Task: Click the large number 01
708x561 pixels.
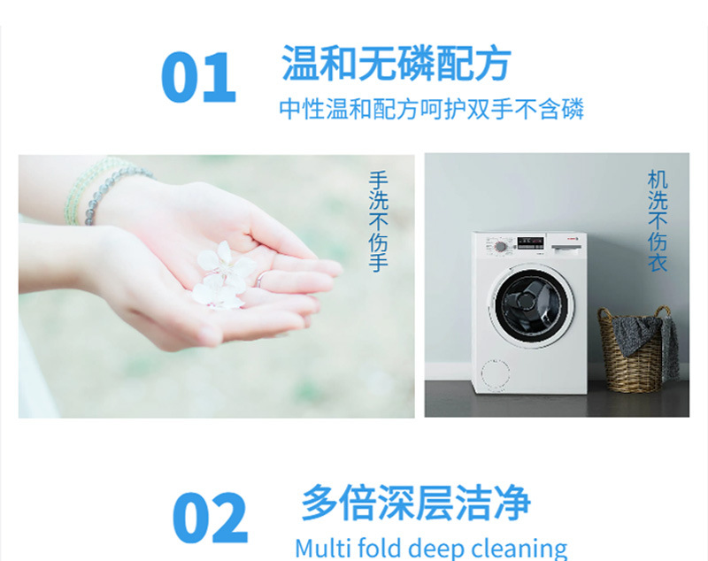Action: point(198,77)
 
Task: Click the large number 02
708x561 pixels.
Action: point(210,518)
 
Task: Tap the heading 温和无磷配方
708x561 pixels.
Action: point(396,64)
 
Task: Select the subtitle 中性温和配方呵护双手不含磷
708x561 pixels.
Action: point(431,109)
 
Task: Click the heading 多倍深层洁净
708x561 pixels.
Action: point(416,503)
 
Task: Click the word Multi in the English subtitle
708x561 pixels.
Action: point(323,548)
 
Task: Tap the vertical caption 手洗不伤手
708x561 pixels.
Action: point(379,221)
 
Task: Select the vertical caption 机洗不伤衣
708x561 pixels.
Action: point(658,220)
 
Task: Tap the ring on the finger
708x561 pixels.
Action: point(259,280)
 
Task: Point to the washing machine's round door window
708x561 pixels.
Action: point(531,304)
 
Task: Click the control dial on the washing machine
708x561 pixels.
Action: point(500,246)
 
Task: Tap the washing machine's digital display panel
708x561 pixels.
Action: point(530,242)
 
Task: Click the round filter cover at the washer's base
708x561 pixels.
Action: point(495,374)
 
